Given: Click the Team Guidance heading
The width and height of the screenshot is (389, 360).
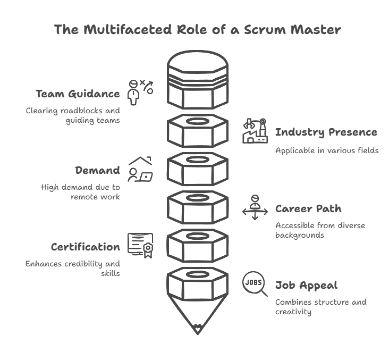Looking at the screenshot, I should tap(78, 94).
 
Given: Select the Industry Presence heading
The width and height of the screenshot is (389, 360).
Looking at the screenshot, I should tap(326, 132).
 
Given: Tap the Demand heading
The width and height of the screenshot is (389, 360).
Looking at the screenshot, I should tap(97, 170).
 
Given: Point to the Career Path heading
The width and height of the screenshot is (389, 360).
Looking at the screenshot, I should tap(308, 208).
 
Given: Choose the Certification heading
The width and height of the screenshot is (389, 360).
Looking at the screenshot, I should tap(85, 247).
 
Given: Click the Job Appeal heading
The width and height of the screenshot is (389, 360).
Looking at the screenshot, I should tap(306, 286).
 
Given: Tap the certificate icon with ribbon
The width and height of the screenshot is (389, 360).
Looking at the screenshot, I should tap(140, 245).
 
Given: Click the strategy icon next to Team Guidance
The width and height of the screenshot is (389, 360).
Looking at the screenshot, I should tap(140, 93).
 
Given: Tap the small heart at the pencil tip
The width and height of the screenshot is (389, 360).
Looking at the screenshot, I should tap(198, 328).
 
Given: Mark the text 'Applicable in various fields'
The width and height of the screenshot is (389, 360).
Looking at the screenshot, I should tap(327, 150).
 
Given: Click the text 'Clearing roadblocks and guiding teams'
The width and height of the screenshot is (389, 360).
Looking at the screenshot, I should tap(73, 115).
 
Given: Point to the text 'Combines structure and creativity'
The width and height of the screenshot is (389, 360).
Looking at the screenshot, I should tap(320, 307).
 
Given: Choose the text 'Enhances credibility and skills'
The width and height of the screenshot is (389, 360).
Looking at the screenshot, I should tap(73, 269).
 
